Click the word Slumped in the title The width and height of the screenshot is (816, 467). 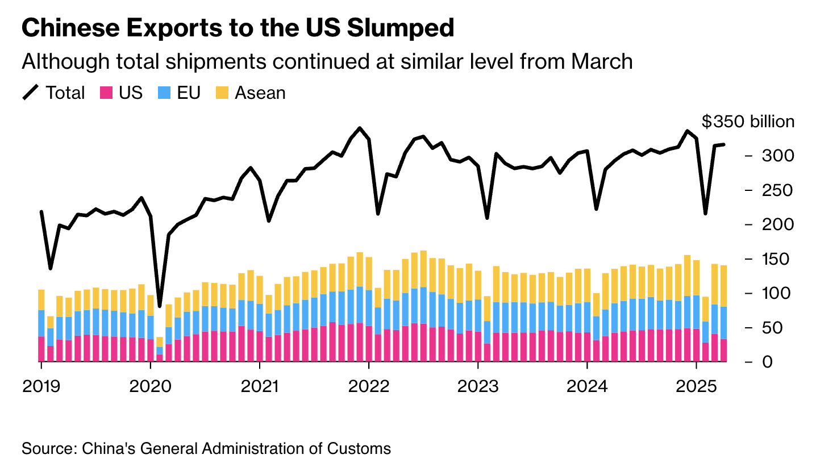tap(401, 28)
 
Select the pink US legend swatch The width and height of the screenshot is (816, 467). tap(106, 93)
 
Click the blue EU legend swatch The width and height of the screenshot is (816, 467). tap(164, 93)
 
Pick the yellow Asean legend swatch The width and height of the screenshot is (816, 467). tap(222, 93)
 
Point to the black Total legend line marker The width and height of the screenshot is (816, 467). tap(31, 92)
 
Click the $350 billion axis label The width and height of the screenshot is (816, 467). tap(748, 122)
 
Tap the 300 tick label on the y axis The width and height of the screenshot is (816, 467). tap(777, 156)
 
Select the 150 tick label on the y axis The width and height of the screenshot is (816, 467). tap(777, 259)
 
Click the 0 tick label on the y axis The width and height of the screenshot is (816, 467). tap(767, 362)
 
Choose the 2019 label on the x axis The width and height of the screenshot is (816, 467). tap(41, 386)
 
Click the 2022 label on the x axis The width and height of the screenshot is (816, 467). tap(369, 386)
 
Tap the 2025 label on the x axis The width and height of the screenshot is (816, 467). tap(696, 386)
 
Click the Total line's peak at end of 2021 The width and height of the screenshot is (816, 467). tap(360, 128)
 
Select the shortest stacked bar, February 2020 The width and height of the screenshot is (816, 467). tap(160, 349)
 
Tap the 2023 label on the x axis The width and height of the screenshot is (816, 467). tap(478, 386)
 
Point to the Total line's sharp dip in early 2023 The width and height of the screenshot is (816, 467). tap(487, 218)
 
